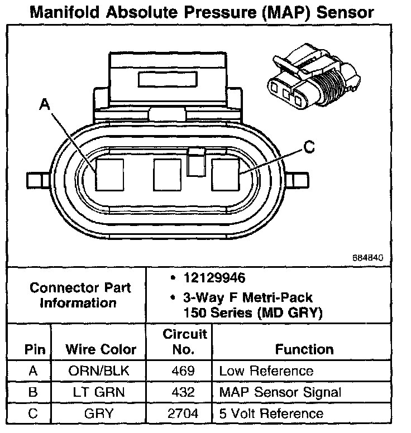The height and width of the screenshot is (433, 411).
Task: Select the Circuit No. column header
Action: pos(185,341)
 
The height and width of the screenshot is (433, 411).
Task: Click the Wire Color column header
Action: pos(101,350)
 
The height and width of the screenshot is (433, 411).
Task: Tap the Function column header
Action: pos(304,350)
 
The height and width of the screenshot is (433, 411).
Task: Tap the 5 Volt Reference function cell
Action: pos(271,413)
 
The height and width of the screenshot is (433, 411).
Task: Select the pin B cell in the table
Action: pos(32,392)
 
